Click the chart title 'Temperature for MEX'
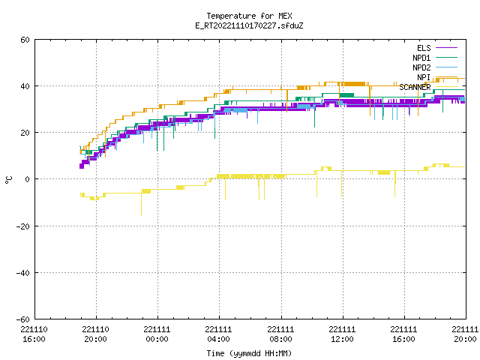pos(249,16)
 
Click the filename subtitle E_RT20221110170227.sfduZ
pos(249,25)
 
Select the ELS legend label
pos(424,48)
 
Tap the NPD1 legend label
pos(421,58)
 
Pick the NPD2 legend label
pos(421,67)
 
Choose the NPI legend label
pos(424,77)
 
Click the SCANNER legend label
pos(415,87)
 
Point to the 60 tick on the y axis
pos(25,40)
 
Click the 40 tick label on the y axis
pos(25,86)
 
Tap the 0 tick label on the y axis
pos(28,179)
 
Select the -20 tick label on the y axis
pos(23,226)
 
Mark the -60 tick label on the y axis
pos(23,319)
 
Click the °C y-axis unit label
pos(8,180)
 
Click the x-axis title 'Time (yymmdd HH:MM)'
pos(249,353)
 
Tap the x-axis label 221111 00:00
pos(157,334)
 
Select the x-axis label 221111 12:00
pos(342,334)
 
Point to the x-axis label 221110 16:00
pos(34,334)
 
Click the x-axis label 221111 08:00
pos(280,334)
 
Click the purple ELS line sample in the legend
pos(446,48)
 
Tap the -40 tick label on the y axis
pos(23,273)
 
